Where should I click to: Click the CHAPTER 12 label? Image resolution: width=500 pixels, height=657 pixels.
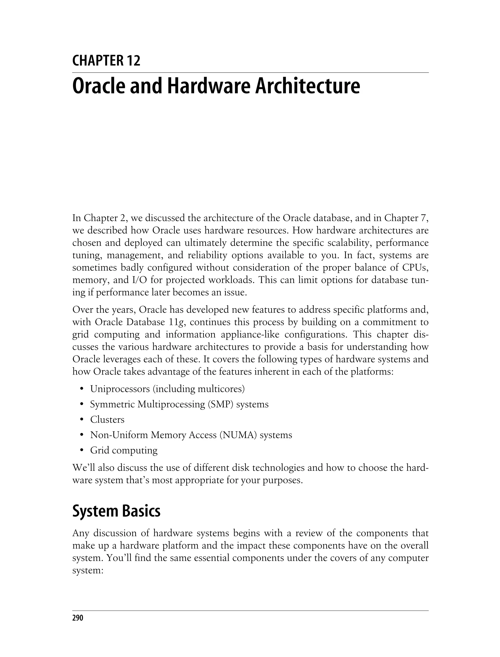106,61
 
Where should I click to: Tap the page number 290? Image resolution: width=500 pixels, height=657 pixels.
78,618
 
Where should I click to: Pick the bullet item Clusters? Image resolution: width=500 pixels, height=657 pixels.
107,420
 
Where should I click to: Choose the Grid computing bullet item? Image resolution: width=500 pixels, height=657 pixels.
124,450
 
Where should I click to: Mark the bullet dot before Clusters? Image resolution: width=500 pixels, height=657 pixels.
81,420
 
